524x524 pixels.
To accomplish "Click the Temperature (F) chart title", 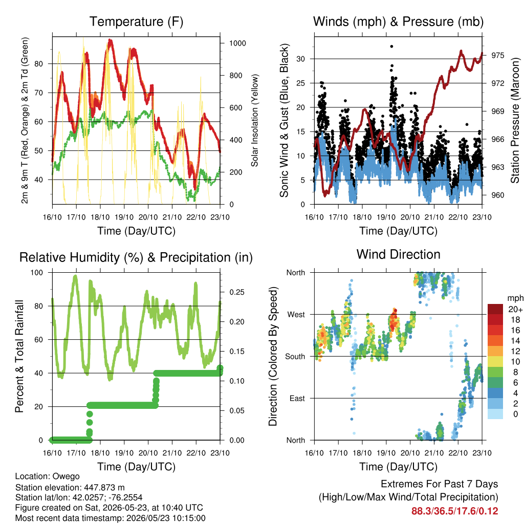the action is point(136,21).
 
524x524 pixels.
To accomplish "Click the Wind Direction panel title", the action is point(398,254).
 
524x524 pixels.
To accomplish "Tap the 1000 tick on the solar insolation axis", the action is point(237,43).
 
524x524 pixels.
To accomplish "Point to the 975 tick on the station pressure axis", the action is point(498,55).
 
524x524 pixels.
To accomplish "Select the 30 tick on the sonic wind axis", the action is point(301,59).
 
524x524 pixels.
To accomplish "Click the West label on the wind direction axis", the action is point(296,315).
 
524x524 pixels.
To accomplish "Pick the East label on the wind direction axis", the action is point(297,398).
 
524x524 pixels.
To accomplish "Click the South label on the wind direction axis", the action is point(295,357).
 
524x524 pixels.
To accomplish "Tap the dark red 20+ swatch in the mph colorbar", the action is point(495,309).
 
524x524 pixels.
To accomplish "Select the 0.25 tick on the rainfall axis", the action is point(237,292).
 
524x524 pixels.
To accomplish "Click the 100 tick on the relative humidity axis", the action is point(37,273).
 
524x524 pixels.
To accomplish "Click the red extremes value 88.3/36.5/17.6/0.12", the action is point(454,511).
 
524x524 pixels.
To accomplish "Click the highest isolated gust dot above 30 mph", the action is point(391,47).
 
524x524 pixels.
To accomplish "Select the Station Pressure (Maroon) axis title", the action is point(515,120).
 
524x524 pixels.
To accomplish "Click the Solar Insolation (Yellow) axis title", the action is point(255,120).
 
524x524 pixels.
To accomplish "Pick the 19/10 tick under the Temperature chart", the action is point(124,217).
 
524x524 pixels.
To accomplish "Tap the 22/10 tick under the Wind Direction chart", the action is point(458,453).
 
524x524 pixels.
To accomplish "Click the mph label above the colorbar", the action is point(515,298).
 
